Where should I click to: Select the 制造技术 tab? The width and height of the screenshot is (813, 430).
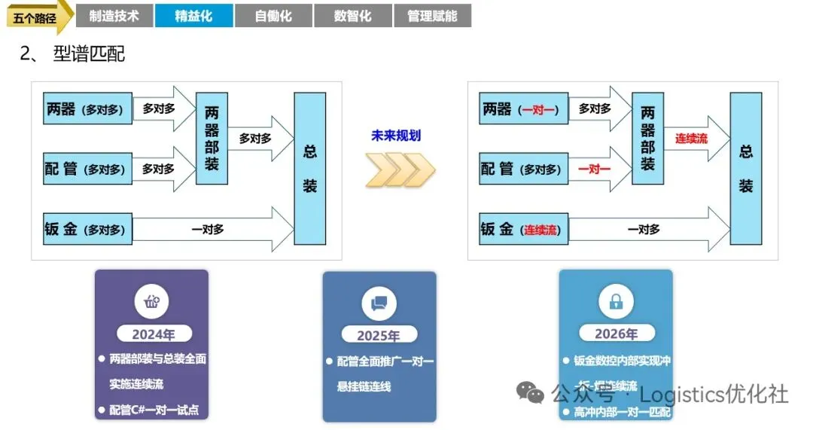click(114, 16)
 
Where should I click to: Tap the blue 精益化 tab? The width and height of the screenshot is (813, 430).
click(193, 16)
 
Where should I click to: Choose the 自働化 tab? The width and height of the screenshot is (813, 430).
click(273, 16)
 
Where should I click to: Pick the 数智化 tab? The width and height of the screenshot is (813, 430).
click(352, 16)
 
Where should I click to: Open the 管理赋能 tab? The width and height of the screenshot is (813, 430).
click(432, 16)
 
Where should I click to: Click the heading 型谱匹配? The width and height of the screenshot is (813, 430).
click(89, 53)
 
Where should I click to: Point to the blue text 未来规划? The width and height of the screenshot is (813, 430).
click(396, 136)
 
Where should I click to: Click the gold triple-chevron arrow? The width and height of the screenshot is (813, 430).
click(400, 170)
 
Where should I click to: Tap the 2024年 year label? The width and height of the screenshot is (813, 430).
click(152, 334)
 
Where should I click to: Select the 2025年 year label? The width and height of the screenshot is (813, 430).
click(379, 336)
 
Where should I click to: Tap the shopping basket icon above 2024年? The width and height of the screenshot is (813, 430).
click(151, 302)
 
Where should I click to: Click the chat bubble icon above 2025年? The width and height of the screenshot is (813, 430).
click(379, 303)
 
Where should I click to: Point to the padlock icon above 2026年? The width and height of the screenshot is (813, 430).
click(616, 302)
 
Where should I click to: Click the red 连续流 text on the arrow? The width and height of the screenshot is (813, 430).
click(691, 139)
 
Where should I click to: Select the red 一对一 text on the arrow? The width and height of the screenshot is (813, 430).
click(594, 169)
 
